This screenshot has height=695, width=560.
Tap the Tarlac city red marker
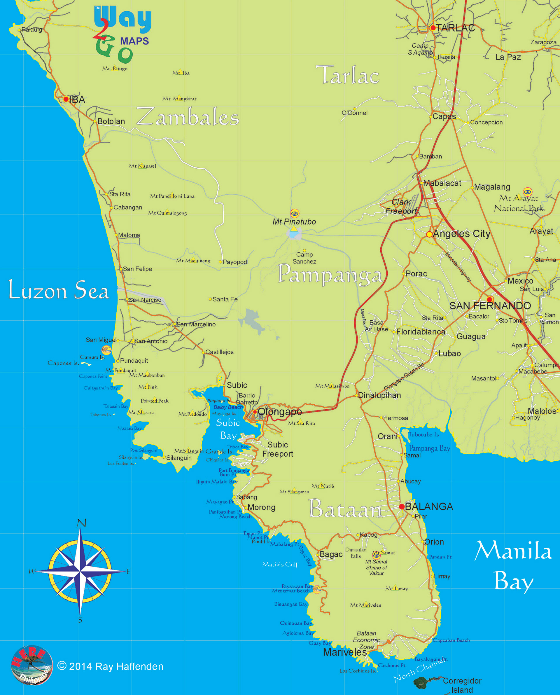[433, 28]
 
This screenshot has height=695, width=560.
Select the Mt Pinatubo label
[294, 222]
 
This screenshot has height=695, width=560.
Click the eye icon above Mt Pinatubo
[295, 213]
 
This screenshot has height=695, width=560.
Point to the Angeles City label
[461, 234]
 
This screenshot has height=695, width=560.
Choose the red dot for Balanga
[402, 507]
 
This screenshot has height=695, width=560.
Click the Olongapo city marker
[255, 412]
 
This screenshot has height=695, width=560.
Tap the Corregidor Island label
[462, 685]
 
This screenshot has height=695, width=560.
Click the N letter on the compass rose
[82, 523]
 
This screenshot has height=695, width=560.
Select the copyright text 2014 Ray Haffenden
[110, 667]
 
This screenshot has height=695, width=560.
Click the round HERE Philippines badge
[32, 665]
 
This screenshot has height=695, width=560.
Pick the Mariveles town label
[344, 652]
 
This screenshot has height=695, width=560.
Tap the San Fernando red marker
[489, 300]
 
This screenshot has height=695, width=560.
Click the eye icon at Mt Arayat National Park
[527, 192]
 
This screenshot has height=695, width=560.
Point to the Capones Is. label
[63, 363]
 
